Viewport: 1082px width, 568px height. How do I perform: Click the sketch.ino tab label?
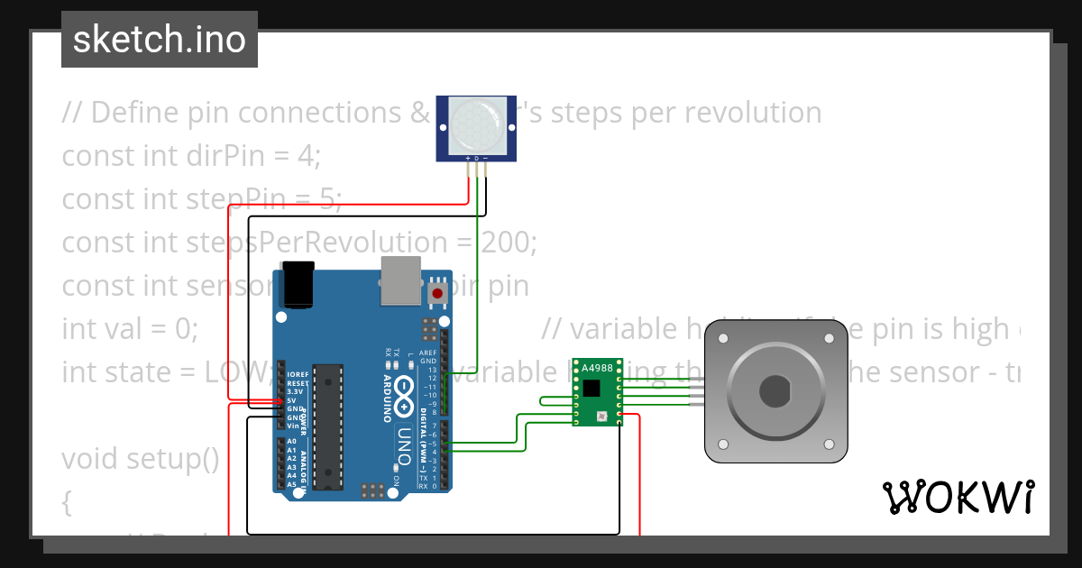(x=160, y=40)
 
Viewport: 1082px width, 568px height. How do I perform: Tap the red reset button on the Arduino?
(x=438, y=293)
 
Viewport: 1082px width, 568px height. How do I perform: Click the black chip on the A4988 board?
(x=591, y=389)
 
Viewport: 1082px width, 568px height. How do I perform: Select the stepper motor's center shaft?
(x=775, y=391)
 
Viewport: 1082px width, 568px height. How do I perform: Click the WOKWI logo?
(x=958, y=497)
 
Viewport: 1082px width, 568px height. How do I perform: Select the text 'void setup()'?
(x=141, y=459)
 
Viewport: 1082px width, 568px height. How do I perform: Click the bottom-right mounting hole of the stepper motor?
(x=830, y=444)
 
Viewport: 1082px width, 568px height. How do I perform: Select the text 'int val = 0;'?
(x=130, y=329)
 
